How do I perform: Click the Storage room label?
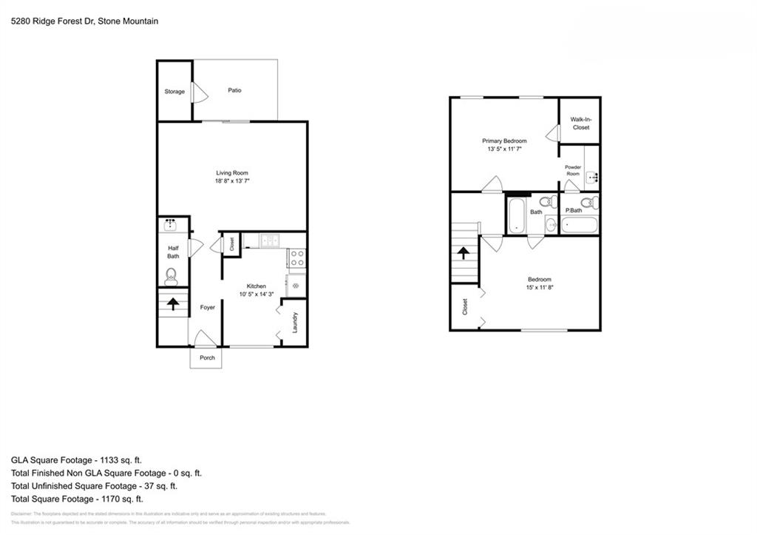174,92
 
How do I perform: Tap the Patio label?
234,90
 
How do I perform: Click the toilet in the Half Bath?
172,277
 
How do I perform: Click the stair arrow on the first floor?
174,303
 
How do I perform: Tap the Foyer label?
208,307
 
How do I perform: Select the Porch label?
208,357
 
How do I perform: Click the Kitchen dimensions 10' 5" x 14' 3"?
257,295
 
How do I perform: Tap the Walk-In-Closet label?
580,123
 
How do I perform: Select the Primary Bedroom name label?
504,141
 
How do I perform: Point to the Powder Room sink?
592,176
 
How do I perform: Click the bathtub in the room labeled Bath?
516,215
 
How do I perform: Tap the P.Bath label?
573,211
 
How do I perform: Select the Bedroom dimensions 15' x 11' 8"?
539,288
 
